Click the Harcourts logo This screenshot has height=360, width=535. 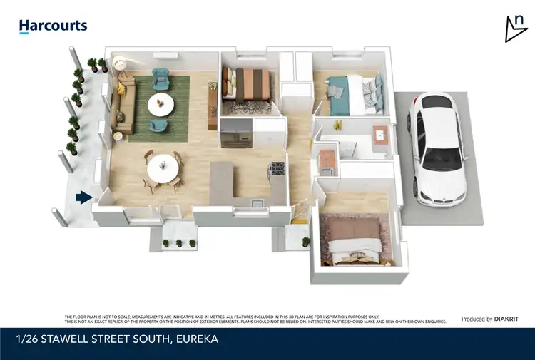click(x=53, y=26)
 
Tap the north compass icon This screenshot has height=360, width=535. click(x=515, y=29)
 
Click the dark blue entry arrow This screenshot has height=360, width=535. click(x=85, y=197)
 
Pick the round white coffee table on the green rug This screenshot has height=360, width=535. click(x=160, y=105)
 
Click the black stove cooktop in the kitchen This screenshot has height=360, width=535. click(x=275, y=170)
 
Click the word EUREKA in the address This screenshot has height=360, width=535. click(x=195, y=339)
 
